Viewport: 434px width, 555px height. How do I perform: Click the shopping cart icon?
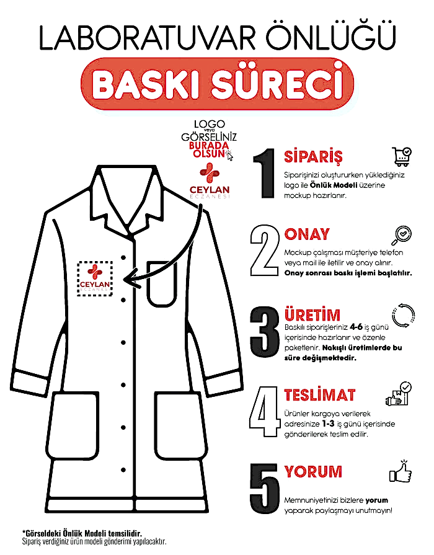point(402,157)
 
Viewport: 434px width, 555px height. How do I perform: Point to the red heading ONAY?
point(307,234)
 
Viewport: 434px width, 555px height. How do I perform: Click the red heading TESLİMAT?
point(320,395)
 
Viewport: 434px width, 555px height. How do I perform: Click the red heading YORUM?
point(313,471)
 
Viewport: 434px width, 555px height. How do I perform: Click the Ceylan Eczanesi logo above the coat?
point(209,181)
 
